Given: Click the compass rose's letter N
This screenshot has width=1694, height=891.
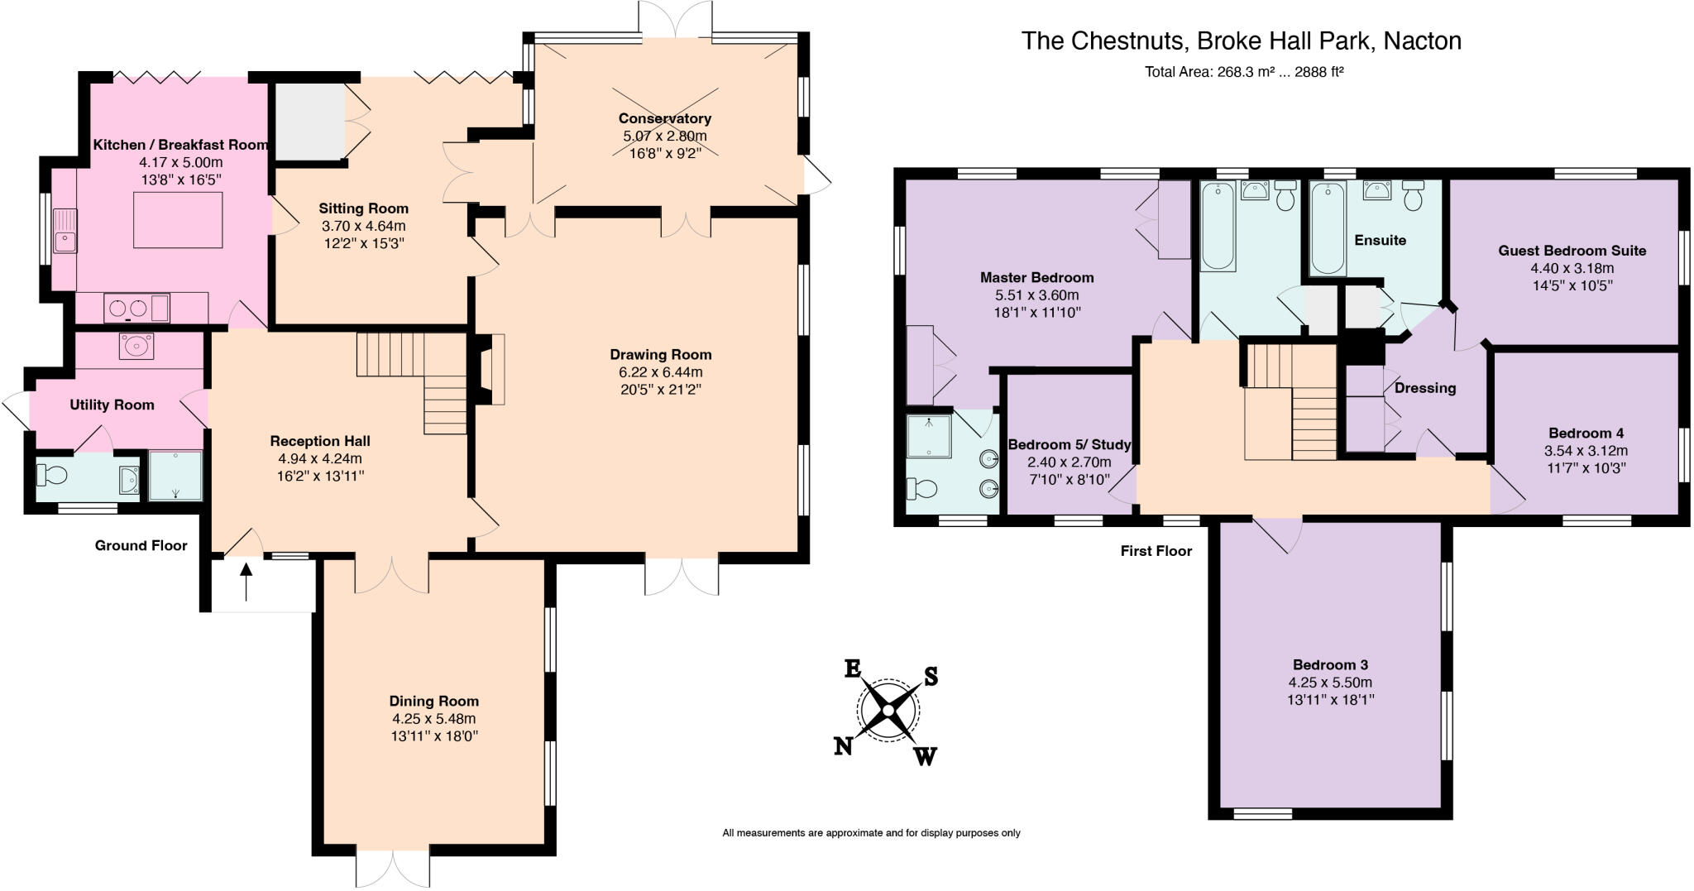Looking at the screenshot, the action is [x=843, y=746].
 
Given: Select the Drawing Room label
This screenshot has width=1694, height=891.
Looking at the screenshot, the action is [x=661, y=355].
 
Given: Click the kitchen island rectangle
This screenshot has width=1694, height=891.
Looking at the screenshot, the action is [x=178, y=219].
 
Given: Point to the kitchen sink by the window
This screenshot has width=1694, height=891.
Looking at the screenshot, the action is [x=65, y=231].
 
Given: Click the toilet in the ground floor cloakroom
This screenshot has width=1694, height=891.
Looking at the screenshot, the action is [x=51, y=476].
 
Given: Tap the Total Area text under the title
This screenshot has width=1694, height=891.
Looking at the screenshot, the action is [x=1244, y=72].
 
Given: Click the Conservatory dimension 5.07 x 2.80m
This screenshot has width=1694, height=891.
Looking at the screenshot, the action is [x=665, y=136].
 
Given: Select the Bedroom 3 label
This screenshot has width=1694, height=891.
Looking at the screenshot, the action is [x=1330, y=665].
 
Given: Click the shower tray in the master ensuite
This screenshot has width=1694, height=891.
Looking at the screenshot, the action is [x=930, y=436].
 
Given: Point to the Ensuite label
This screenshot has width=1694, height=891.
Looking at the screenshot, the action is [x=1380, y=241].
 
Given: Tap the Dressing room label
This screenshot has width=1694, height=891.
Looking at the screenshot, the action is [x=1425, y=388].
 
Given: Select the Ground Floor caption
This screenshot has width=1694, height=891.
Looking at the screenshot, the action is [x=141, y=546].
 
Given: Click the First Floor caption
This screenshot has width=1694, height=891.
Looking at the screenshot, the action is [x=1156, y=551].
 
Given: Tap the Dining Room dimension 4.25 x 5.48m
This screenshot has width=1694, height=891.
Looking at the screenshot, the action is [x=434, y=719].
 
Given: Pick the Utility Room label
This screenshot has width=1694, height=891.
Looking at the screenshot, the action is [x=112, y=405].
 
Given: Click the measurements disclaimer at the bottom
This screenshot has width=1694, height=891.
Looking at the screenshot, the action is [x=871, y=833].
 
